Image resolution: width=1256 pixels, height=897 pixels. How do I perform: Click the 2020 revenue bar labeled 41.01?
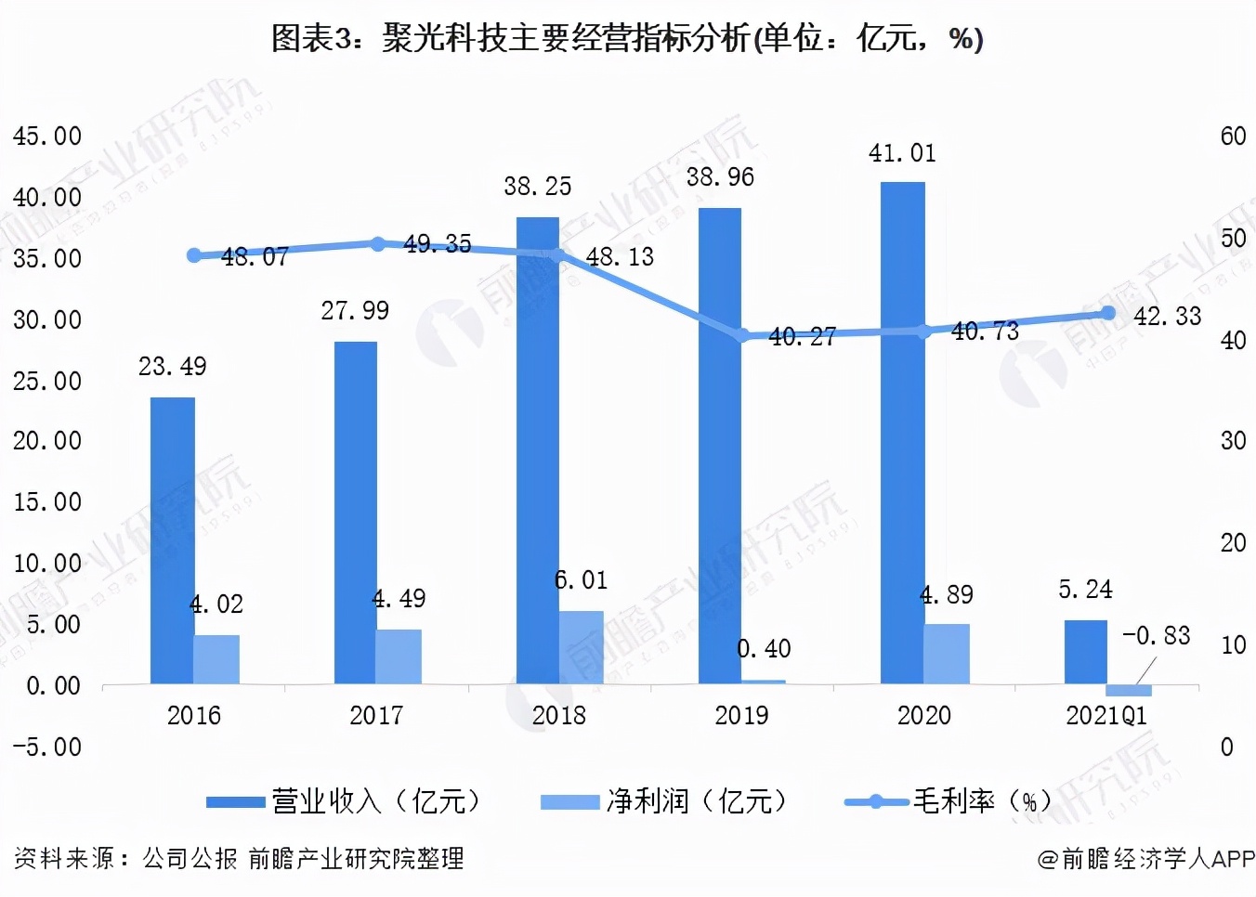902,433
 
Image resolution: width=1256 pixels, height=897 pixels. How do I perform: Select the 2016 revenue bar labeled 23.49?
172,540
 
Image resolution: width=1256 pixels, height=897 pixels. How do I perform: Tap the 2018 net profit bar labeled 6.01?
581,647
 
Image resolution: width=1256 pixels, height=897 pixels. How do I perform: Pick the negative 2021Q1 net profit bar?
1129,690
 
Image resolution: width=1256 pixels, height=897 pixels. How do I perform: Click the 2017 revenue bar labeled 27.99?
355,513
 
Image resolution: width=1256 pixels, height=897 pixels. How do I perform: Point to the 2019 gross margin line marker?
742,335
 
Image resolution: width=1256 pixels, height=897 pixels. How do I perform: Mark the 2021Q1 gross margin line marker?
1107,313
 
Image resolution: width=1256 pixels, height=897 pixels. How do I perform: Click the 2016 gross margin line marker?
194,255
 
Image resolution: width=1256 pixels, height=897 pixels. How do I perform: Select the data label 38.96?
720,177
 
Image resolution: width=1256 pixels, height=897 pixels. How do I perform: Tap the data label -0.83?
1157,635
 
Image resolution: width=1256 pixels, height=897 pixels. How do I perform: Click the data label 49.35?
438,243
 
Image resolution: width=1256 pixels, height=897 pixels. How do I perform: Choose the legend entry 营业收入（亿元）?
344,800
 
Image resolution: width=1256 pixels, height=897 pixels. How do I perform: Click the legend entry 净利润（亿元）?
664,800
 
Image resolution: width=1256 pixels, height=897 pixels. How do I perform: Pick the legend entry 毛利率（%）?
948,800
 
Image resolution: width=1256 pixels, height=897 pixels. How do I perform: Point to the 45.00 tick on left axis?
47,136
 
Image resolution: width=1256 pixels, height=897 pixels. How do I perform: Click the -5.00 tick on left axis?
47,747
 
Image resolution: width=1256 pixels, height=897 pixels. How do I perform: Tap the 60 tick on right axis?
1233,136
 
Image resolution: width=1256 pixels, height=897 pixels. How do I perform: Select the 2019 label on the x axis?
741,715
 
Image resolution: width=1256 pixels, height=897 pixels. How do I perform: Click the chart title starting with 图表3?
627,38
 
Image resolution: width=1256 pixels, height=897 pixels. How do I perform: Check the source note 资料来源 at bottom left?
239,858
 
